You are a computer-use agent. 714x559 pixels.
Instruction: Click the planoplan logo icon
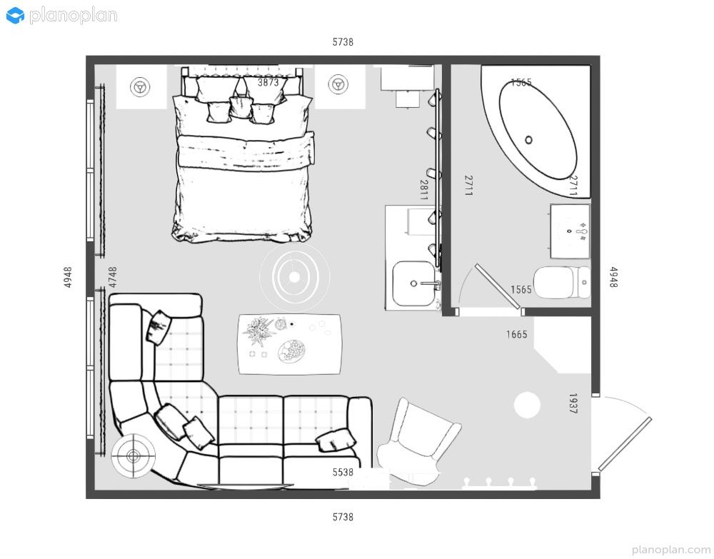pos(15,16)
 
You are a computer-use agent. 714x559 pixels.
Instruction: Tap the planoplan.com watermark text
pos(671,550)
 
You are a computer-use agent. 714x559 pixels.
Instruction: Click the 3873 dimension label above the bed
pos(268,82)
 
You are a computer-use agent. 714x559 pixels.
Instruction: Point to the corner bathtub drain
pos(528,140)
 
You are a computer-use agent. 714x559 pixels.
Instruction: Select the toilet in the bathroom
pos(562,282)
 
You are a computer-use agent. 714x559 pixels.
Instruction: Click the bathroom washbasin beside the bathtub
pos(570,231)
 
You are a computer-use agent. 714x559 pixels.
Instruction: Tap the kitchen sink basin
pos(413,283)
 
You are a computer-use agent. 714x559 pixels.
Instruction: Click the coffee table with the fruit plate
pos(290,344)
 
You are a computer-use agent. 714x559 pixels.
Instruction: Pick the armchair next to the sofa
pos(417,440)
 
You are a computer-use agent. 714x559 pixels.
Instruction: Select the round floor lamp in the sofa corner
pos(134,455)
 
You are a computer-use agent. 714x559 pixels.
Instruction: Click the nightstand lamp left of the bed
pos(140,86)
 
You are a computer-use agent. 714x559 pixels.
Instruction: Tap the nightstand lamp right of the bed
pos(338,84)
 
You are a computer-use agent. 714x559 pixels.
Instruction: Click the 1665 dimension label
pos(516,335)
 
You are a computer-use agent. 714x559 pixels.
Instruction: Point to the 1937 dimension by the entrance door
pos(573,403)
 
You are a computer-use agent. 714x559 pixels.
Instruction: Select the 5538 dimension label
pos(343,473)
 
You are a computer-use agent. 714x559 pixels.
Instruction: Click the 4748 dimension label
pos(113,277)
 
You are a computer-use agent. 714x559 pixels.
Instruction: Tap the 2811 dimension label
pos(423,190)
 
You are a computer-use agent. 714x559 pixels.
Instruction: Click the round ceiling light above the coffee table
pos(295,277)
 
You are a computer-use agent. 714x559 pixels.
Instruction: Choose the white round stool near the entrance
pos(528,405)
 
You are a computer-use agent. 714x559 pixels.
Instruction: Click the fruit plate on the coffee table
pos(291,351)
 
